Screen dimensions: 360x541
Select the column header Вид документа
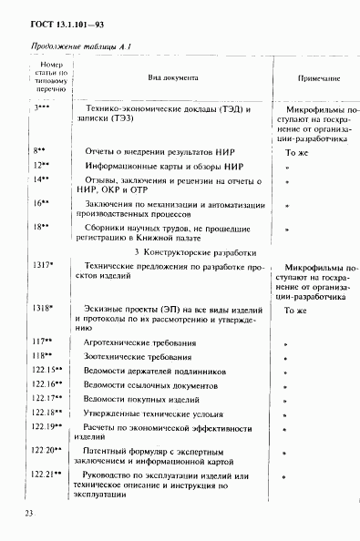tap(173, 77)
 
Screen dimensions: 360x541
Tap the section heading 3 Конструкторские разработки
tap(190, 251)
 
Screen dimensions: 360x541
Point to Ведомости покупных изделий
tap(144, 398)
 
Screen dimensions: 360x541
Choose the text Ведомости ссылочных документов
tap(151, 383)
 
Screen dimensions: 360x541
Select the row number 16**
tap(41, 203)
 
